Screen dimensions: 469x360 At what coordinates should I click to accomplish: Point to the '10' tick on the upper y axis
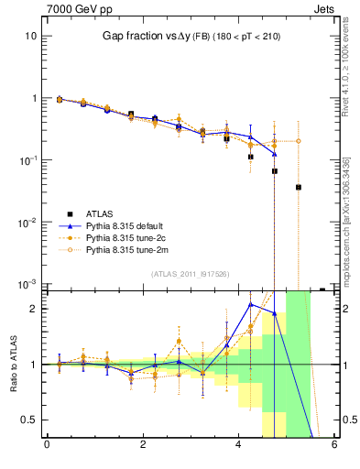(30, 36)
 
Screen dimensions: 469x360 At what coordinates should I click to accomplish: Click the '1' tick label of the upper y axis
(33, 98)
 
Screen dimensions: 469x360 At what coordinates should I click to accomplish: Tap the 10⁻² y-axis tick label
(28, 223)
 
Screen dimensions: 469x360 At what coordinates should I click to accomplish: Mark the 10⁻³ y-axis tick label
(28, 284)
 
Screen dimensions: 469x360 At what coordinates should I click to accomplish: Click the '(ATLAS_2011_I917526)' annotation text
(191, 274)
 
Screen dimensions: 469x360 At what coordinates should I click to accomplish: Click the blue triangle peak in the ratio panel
(251, 303)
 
